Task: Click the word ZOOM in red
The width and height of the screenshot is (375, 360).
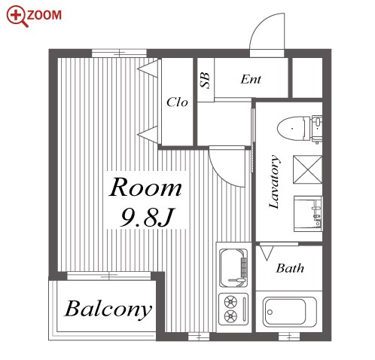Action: pos(44,15)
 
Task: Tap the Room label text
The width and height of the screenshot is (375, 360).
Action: pos(145,188)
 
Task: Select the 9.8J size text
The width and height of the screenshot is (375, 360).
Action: pos(147,217)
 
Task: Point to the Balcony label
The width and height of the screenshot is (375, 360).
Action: pos(108,310)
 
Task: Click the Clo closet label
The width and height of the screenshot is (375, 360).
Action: pos(177,102)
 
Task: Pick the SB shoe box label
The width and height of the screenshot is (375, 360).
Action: pos(205,81)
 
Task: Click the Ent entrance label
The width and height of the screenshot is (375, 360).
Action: pos(251,79)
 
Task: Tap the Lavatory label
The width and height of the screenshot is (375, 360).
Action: pos(274,182)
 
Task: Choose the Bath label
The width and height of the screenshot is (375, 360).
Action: pos(290,268)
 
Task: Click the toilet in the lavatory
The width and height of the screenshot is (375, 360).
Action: pos(300,129)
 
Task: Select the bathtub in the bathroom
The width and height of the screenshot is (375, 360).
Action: pos(290,312)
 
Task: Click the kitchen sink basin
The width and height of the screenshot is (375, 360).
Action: pos(233,267)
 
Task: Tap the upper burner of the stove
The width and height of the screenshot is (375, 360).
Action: pos(230,302)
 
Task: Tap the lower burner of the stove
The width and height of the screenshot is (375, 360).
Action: pos(230,316)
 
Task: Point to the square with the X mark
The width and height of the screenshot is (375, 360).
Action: pos(307,169)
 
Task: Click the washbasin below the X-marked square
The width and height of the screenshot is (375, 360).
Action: pos(308,213)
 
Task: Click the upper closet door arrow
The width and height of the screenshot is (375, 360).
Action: pos(148,68)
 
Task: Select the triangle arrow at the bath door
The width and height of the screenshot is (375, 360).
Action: pos(267,253)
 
